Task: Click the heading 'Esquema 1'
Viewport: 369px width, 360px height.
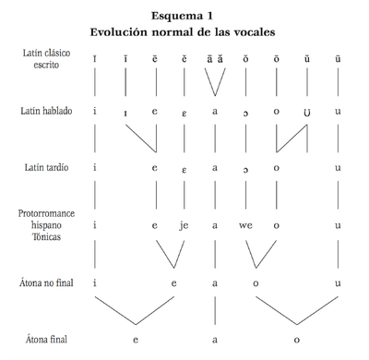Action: click(x=184, y=15)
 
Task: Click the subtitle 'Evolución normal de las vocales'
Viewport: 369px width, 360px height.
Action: click(x=184, y=31)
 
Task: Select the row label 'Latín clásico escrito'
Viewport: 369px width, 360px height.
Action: click(x=43, y=61)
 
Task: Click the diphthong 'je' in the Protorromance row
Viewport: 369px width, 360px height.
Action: click(x=184, y=224)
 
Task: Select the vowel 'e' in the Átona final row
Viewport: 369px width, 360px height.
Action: click(x=136, y=340)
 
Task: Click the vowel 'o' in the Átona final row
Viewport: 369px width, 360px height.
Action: click(x=296, y=340)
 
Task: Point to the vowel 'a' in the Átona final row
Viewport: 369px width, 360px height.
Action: click(x=214, y=340)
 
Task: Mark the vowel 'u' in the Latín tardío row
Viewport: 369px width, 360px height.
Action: click(x=339, y=167)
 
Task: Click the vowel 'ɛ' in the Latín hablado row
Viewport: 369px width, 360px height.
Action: click(x=184, y=112)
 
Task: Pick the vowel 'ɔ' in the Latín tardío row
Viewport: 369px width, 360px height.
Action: click(x=244, y=168)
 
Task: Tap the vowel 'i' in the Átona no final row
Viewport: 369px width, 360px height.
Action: click(x=94, y=282)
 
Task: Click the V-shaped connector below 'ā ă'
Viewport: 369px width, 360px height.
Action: click(x=214, y=80)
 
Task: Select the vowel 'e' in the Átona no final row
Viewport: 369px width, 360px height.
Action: click(x=173, y=282)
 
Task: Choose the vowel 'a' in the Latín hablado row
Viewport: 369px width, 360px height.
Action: click(x=214, y=112)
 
